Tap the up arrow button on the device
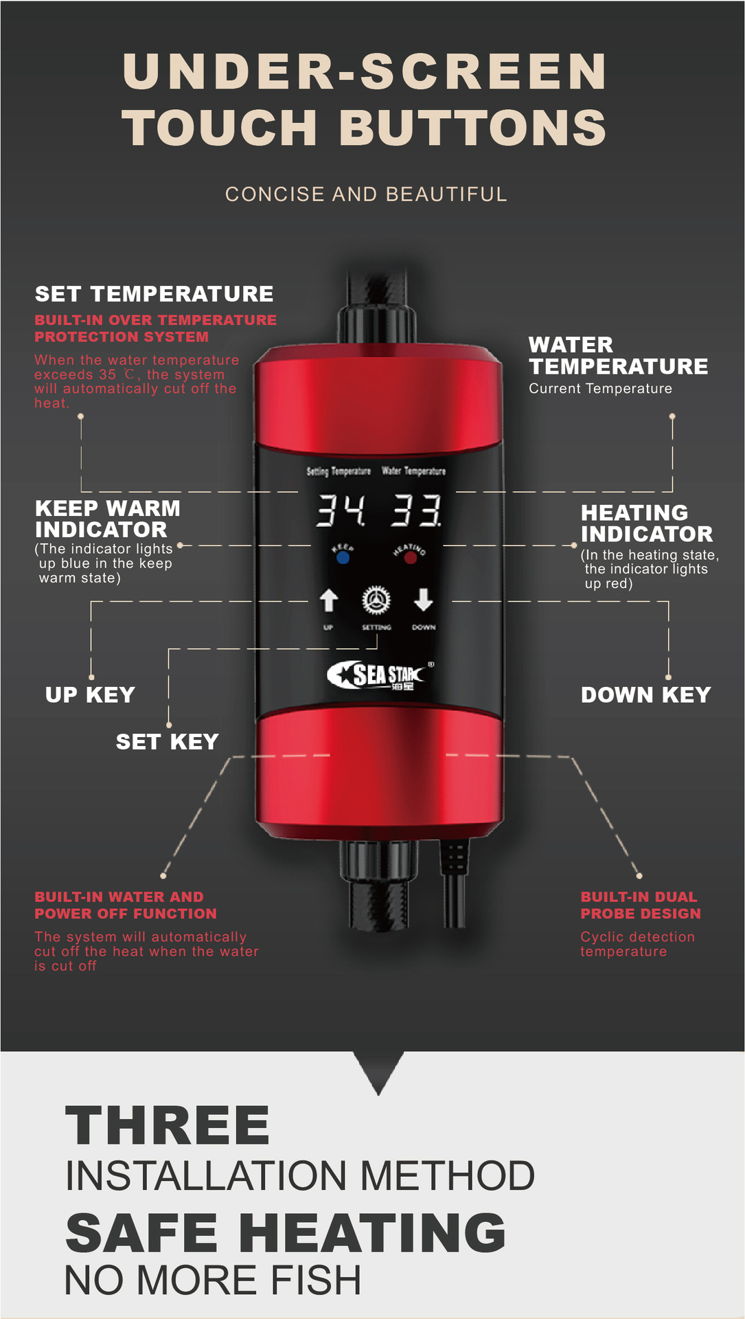coord(329,600)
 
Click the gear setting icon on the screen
coord(376,600)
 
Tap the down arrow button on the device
coord(424,600)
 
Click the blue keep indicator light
coord(343,557)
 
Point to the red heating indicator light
coord(411,558)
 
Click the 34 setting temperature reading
coord(340,510)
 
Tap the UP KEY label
coord(90,695)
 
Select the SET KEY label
coord(167,742)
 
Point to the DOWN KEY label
coord(645,695)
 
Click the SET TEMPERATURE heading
coord(154,294)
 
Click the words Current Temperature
coord(600,389)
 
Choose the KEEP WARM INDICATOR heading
coord(108,519)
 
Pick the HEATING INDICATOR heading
coord(647,523)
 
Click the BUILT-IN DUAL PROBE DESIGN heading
coord(641,905)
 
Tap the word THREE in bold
coord(168,1126)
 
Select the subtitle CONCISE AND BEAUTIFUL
coord(366,194)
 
